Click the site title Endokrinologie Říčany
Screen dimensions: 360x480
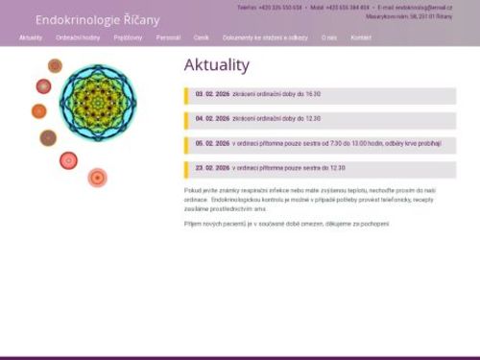98,19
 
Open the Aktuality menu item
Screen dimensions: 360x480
31,37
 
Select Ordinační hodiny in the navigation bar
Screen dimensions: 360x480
78,37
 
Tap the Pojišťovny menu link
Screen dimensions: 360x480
128,37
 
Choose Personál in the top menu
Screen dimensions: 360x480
168,37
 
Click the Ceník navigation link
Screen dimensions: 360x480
202,37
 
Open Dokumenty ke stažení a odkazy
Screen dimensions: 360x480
265,37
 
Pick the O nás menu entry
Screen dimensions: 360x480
329,37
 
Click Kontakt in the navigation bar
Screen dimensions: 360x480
361,37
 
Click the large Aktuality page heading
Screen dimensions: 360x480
216,65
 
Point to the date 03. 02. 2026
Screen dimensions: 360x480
212,94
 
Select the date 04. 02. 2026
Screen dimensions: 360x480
212,118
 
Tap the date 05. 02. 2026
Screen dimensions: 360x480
212,143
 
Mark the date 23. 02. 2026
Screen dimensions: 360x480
212,167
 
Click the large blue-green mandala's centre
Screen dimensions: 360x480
97,102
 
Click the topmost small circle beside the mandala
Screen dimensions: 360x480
55,65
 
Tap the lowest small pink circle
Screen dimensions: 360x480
97,177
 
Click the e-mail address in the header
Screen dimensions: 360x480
423,7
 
